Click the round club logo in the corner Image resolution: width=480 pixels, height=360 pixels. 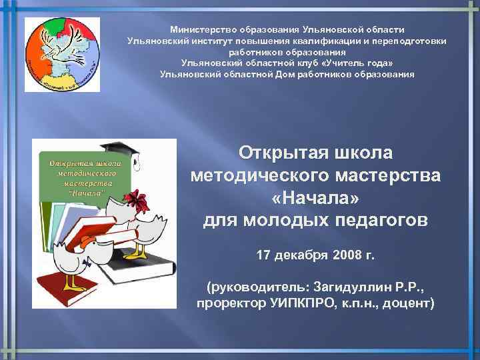coord(62,55)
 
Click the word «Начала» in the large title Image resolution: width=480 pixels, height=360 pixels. coord(315,198)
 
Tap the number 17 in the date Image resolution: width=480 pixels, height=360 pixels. coord(265,255)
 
